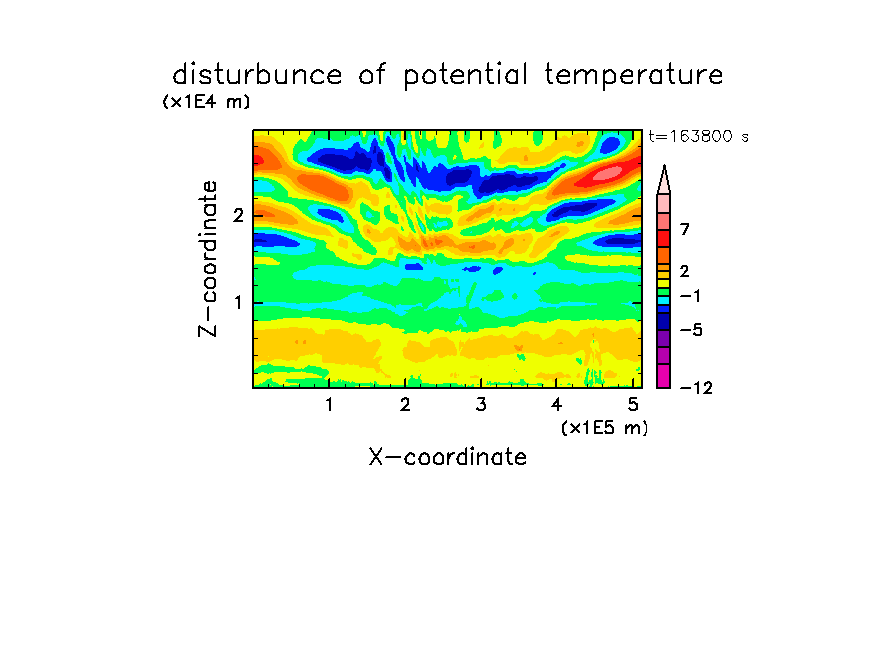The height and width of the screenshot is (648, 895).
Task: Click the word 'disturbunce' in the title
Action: (x=257, y=75)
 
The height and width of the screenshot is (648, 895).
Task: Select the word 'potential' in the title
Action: (x=465, y=76)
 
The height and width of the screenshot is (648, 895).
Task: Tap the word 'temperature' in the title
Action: (x=634, y=76)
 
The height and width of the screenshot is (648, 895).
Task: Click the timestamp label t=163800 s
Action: (x=699, y=136)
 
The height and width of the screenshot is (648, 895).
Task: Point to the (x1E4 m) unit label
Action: (x=206, y=102)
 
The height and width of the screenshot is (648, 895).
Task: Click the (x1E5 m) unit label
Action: (x=605, y=427)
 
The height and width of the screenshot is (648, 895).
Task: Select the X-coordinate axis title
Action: (x=447, y=457)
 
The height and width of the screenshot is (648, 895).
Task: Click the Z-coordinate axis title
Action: (x=208, y=259)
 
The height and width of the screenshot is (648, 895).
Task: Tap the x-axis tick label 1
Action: (x=329, y=405)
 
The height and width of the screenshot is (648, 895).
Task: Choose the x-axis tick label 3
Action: (x=481, y=405)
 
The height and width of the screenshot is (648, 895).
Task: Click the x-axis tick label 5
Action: (x=633, y=405)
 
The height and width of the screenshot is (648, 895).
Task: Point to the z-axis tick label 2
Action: (x=238, y=216)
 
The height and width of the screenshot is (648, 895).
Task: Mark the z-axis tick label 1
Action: (x=238, y=303)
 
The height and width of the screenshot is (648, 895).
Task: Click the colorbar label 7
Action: (x=685, y=230)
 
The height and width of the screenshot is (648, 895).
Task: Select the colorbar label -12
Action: (x=696, y=388)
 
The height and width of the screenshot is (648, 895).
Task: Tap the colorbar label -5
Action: (x=691, y=330)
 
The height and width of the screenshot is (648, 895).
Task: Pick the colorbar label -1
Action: (x=690, y=296)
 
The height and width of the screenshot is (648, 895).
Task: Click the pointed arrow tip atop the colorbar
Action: (x=664, y=166)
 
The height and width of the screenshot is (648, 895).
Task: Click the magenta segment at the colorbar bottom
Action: (x=664, y=376)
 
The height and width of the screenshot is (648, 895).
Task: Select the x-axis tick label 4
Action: (x=557, y=405)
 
